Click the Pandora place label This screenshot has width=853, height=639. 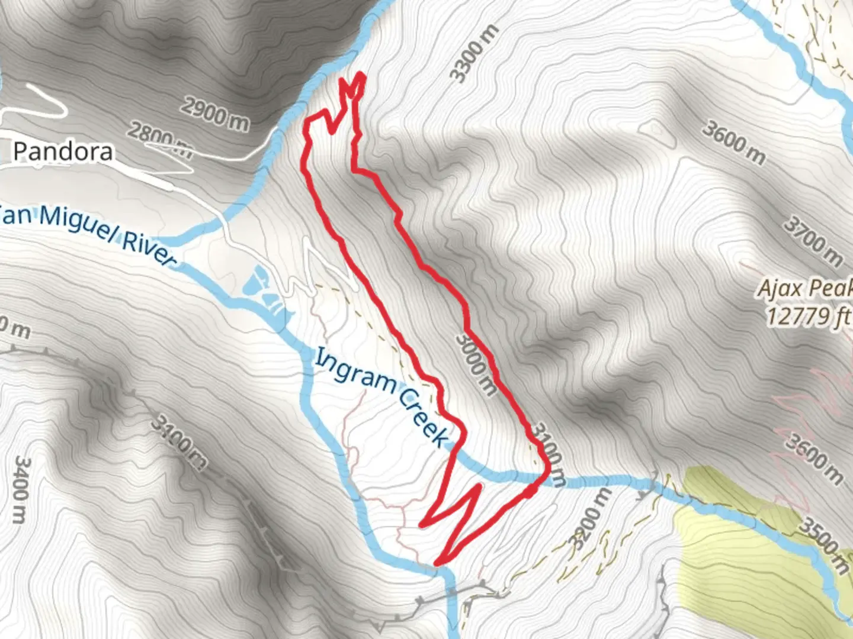pyautogui.click(x=63, y=152)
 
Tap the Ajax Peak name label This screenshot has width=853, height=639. pyautogui.click(x=806, y=289)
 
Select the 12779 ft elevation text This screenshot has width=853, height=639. pyautogui.click(x=809, y=316)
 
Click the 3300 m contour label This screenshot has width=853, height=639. pyautogui.click(x=474, y=54)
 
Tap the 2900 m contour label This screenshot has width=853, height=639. pyautogui.click(x=214, y=114)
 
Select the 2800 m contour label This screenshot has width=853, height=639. pyautogui.click(x=161, y=141)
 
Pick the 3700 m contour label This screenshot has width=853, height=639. pyautogui.click(x=813, y=241)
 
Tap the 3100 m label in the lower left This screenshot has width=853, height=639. pyautogui.click(x=178, y=441)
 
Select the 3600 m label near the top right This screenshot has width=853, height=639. pyautogui.click(x=733, y=143)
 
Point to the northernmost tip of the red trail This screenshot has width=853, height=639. pyautogui.click(x=360, y=75)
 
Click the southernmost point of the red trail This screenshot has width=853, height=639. pyautogui.click(x=437, y=563)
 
